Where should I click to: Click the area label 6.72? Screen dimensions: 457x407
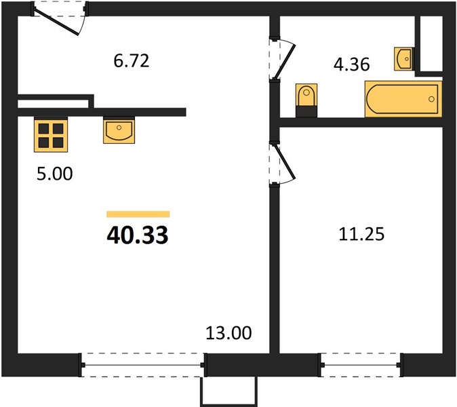132,61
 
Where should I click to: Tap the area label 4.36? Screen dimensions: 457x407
352,64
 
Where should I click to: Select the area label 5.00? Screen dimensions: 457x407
54,174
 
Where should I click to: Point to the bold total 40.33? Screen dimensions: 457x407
138,235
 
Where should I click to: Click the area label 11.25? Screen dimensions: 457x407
361,234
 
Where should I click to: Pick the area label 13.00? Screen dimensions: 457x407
228,332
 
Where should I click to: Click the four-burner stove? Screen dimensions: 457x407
51,135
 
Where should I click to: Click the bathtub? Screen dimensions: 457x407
403,99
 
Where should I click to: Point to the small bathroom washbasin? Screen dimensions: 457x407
403,59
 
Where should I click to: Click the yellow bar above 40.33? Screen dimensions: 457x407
138,214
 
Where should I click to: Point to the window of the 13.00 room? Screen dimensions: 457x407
143,365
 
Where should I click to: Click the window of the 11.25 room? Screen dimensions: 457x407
361,365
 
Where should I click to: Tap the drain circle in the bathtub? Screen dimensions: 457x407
431,99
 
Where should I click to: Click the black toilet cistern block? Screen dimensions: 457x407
306,112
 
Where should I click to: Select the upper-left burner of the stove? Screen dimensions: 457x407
44,128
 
